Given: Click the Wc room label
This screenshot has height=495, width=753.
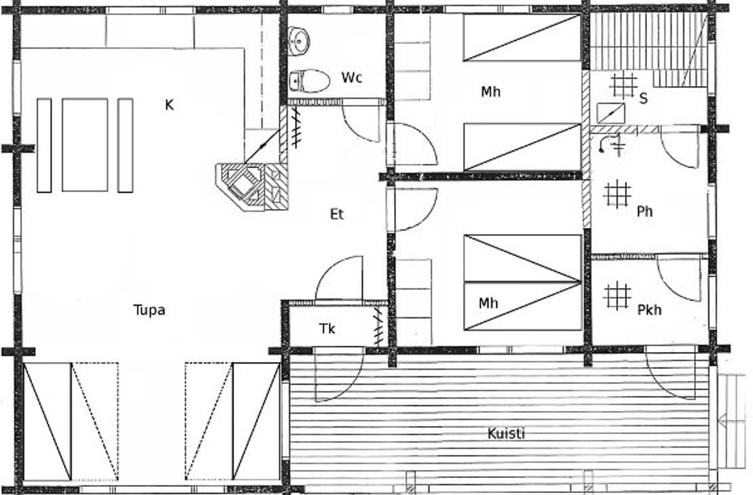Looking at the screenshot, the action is coord(351,77).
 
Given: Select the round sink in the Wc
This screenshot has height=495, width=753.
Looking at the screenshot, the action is coord(299,41).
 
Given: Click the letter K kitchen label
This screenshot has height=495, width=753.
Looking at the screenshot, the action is coord(169,104).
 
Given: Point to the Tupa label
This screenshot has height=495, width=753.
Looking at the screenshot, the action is coord(149,310).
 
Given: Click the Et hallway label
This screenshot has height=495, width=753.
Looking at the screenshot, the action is coord(337,214).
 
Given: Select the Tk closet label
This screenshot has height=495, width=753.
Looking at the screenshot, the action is coord(327,329).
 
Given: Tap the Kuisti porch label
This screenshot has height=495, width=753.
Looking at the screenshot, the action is coord(506,433).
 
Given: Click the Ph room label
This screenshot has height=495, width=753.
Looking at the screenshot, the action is coord(644,212).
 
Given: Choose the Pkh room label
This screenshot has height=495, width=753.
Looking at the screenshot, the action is coord(649,310).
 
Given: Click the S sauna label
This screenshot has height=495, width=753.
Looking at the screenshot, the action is coord(644,98).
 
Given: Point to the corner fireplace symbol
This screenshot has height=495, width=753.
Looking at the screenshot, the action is coord(252,187).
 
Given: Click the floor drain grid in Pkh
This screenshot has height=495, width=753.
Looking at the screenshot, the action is coord(617,296).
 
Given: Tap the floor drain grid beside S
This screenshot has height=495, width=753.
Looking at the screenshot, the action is coord(623,86).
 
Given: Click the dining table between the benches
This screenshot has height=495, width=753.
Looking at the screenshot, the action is coord(85,145).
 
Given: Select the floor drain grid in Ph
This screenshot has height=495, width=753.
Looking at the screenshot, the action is coord(617,195).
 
